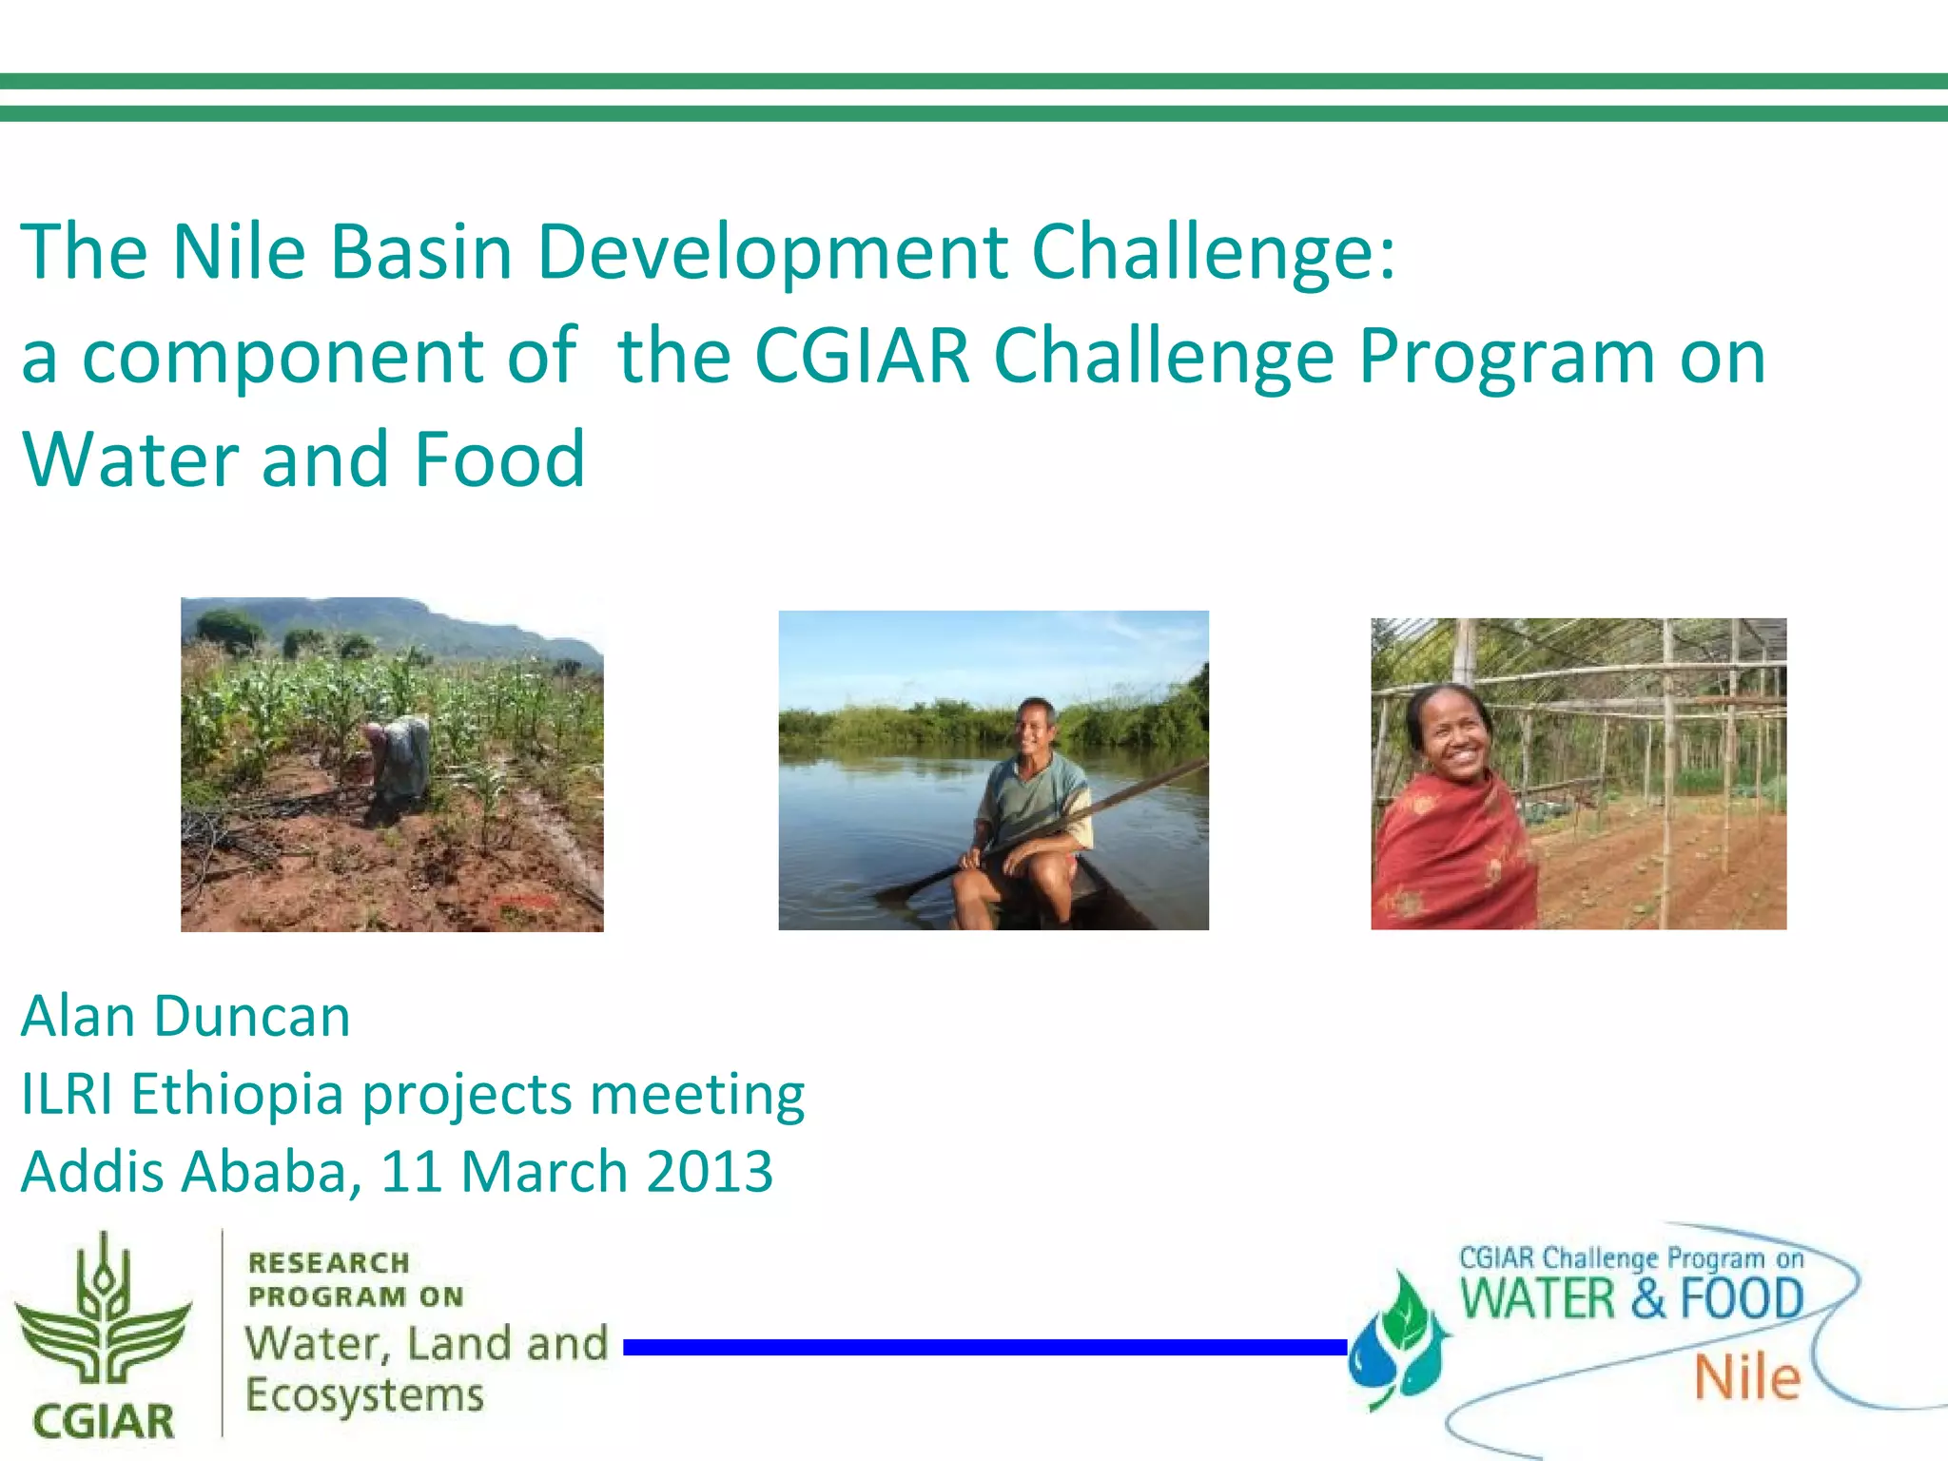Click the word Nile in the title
point(239,252)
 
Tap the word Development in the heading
point(771,252)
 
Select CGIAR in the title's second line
point(862,357)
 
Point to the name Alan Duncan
point(185,1016)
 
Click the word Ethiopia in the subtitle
point(237,1094)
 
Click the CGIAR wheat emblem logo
point(103,1313)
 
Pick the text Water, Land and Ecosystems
point(425,1369)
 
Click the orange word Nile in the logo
point(1747,1379)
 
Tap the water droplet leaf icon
point(1398,1341)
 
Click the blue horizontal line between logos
point(984,1347)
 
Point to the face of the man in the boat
point(1034,729)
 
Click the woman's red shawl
point(1446,856)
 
